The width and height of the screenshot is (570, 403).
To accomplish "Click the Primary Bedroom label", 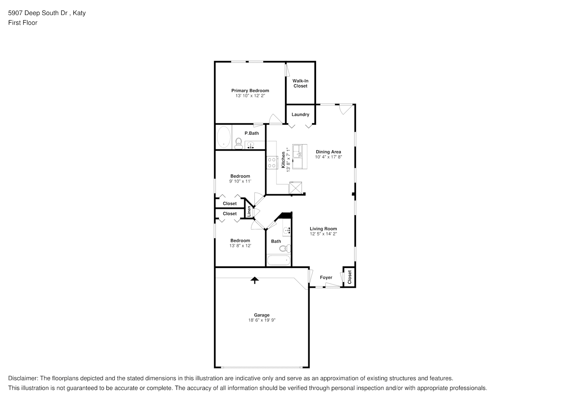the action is pos(250,91).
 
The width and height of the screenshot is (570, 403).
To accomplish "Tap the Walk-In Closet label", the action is pos(300,83).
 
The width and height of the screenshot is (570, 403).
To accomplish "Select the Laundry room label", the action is pos(300,114).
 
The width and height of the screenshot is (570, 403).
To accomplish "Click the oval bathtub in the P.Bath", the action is pos(224,137).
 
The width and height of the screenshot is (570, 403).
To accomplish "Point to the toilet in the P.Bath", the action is pos(238,143).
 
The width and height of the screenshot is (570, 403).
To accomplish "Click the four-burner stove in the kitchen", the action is pos(272,162).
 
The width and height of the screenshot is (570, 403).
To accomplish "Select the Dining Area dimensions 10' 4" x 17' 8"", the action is pos(328,157).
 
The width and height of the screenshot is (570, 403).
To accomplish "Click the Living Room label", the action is pos(323,229).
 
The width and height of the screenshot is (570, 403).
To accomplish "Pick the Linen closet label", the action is pos(249,211).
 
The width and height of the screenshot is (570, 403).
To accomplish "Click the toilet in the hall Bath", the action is pos(285,248).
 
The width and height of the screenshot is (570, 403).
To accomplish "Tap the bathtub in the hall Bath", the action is pos(279,260).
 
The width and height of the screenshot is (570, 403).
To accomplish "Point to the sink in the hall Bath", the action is pos(287,231).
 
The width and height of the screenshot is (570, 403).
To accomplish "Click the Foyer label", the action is pos(326,277).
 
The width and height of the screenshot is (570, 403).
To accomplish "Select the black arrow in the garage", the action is pos(255,280).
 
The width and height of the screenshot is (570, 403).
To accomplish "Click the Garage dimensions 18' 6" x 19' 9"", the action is pos(262,320).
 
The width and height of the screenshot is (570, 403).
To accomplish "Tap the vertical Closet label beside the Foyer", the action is pos(349,277).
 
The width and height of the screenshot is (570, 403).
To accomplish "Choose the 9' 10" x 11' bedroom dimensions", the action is pos(240,181).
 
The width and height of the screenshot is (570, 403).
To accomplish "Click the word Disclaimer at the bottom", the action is pos(23,378).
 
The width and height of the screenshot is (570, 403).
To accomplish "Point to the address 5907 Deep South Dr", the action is pos(37,13).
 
